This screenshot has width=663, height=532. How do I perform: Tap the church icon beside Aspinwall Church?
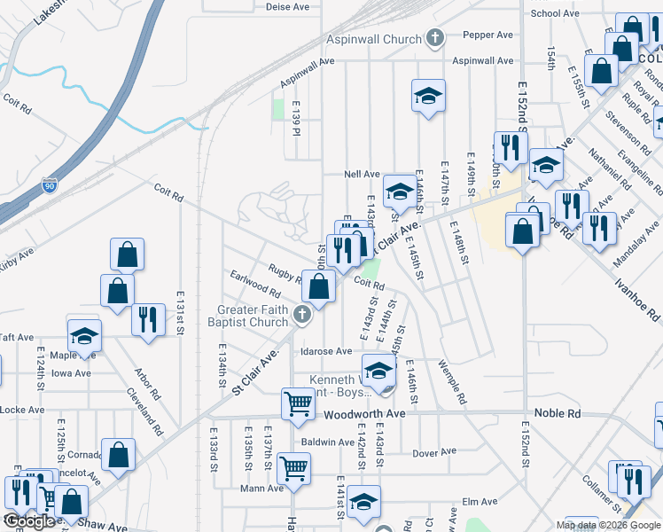pos(434,38)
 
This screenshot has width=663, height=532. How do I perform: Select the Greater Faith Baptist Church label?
pos(253,316)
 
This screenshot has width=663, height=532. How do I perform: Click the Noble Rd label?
pos(557,414)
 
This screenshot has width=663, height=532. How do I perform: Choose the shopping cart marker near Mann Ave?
pos(293,466)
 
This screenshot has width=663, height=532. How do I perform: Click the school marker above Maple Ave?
pos(85,335)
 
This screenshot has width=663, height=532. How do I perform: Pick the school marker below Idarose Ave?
pos(378,369)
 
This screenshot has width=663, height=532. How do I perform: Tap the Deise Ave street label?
pos(286,6)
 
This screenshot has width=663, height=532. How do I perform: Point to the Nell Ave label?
pos(363,175)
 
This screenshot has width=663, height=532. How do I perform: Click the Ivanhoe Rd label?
pos(636,296)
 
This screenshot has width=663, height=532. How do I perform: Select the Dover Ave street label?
pos(434,453)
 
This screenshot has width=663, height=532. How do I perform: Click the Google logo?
pos(29,521)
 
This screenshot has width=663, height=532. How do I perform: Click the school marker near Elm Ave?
pos(363,501)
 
